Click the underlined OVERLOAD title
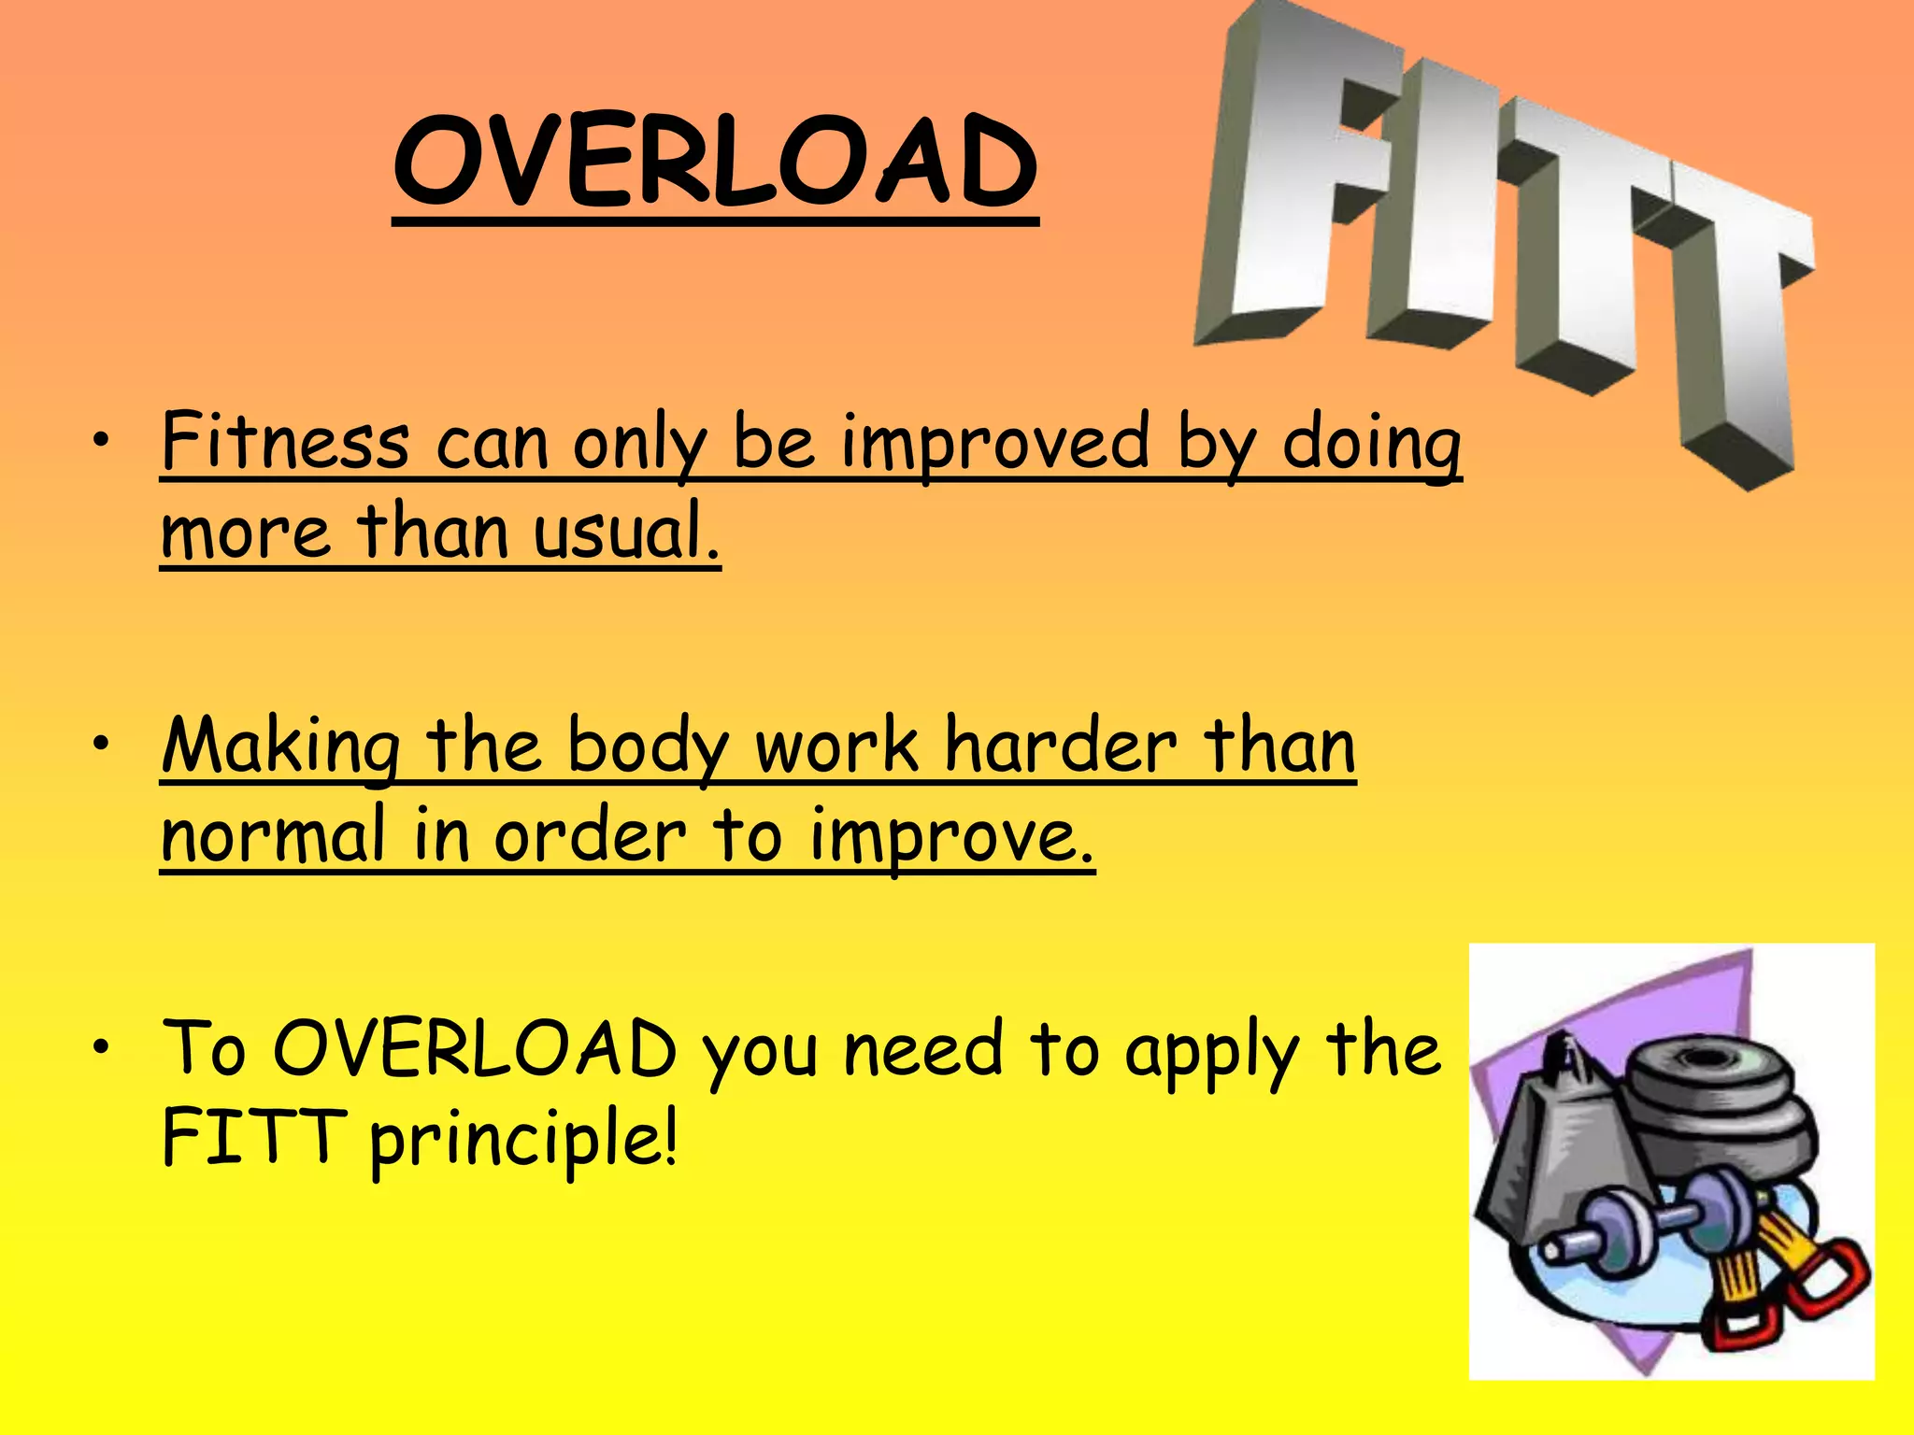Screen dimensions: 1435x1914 715,163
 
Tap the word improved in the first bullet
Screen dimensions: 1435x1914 995,444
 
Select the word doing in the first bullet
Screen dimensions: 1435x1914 1371,444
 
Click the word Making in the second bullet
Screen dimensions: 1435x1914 280,747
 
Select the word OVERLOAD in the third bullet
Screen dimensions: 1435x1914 475,1049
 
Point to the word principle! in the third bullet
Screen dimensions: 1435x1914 523,1140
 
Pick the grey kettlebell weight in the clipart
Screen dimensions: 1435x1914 1551,1149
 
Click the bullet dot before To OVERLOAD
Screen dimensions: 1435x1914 110,1046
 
